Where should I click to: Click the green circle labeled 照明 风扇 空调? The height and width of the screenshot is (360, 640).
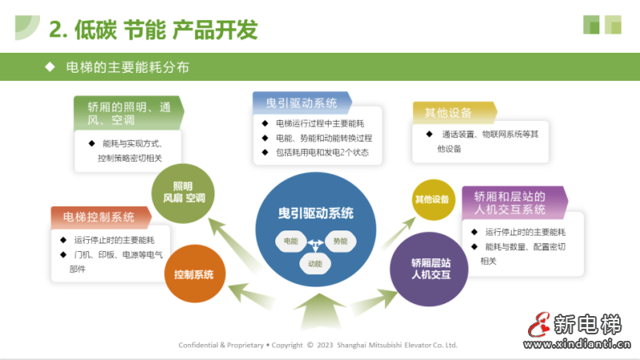pos(183,192)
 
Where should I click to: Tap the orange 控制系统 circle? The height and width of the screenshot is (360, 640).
pos(194,274)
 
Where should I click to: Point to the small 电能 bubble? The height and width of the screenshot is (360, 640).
pos(290,240)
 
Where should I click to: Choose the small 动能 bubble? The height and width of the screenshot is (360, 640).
pos(315,262)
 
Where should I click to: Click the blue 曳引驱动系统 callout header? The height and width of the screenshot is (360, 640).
pos(302,102)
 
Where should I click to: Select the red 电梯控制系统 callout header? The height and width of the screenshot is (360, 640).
pos(99,217)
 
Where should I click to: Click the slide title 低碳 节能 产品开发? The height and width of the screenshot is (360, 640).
pos(153,30)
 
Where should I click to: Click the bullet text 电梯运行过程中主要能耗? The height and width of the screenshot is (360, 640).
pos(319,123)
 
